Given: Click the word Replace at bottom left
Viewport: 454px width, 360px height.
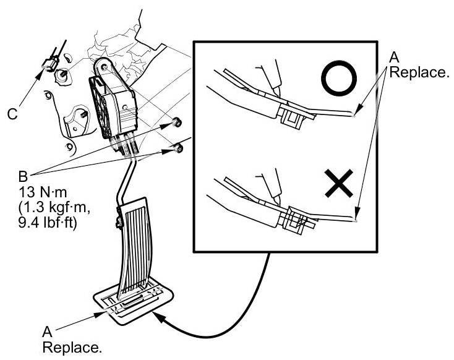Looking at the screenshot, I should [71, 348].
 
